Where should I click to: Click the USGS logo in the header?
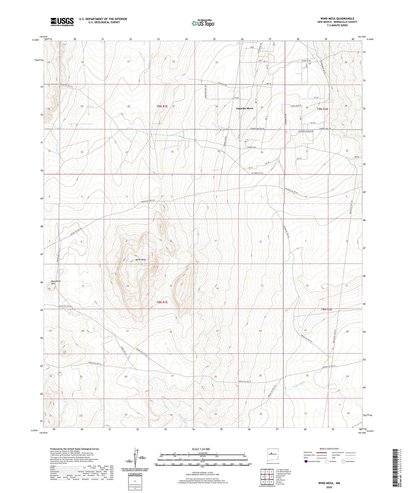pyautogui.click(x=62, y=22)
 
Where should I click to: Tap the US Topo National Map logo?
pyautogui.click(x=202, y=23)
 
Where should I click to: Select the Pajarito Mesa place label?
pyautogui.click(x=244, y=108)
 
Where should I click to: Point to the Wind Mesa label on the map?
pyautogui.click(x=140, y=259)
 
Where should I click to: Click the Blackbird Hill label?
pyautogui.click(x=56, y=283)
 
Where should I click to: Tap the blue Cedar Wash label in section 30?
pyautogui.click(x=298, y=383)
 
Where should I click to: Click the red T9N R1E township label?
pyautogui.click(x=162, y=106)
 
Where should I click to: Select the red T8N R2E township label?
pyautogui.click(x=326, y=309)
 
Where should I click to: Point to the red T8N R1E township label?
pyautogui.click(x=162, y=302)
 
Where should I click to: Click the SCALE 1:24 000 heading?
pyautogui.click(x=201, y=449)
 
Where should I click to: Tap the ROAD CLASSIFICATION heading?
pyautogui.click(x=329, y=449)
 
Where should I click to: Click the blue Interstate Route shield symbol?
pyautogui.click(x=306, y=461)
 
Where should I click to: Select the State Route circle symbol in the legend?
pyautogui.click(x=343, y=461)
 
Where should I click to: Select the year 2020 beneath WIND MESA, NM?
pyautogui.click(x=329, y=487)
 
